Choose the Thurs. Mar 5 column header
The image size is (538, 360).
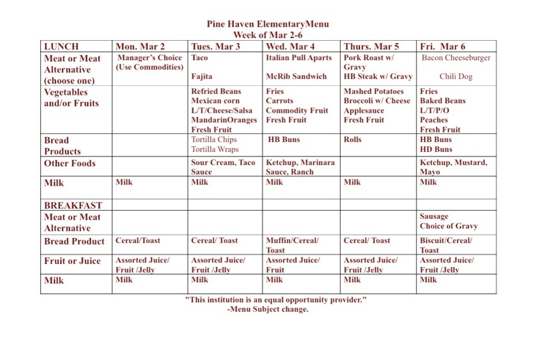[x=372, y=45]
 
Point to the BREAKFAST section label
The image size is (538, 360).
[x=73, y=206]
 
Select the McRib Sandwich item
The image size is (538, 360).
[x=296, y=77]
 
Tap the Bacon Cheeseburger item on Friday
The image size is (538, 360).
[x=457, y=57]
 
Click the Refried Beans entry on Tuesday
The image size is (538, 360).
[x=216, y=92]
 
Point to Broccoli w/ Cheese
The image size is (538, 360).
[x=377, y=101]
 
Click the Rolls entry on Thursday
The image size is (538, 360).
[x=354, y=140]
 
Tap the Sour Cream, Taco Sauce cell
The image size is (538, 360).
[x=222, y=168]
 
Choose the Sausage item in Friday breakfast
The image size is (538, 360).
[x=435, y=216]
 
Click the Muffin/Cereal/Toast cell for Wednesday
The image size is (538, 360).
[x=292, y=245]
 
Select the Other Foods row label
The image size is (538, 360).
[x=70, y=164]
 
